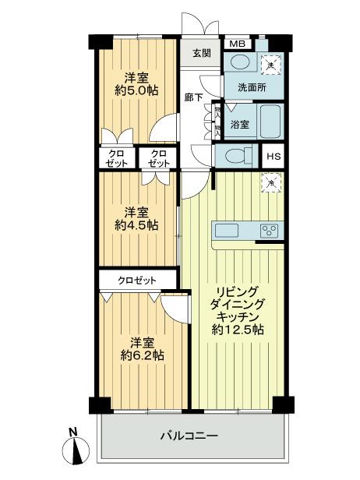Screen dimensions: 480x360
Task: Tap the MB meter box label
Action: click(x=237, y=44)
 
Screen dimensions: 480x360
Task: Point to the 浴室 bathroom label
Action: click(x=240, y=125)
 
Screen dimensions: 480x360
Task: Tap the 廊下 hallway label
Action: click(x=194, y=97)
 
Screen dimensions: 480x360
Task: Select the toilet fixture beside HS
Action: click(x=235, y=154)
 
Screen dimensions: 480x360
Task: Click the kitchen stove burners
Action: click(x=270, y=229)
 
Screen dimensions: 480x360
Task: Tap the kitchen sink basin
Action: click(x=227, y=229)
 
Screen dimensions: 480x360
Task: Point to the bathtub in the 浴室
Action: click(x=270, y=123)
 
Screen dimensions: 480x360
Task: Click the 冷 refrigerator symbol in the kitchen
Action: click(x=270, y=182)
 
